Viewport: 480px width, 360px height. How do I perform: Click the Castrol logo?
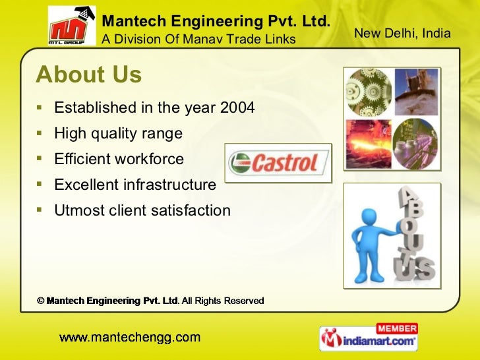[277, 163]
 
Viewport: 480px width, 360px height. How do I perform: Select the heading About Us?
[89, 75]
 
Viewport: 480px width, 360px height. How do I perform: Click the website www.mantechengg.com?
[130, 338]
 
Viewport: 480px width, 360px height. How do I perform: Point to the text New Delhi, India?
[402, 33]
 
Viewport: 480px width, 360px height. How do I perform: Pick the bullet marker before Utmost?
[40, 211]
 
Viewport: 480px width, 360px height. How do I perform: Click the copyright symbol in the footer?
[40, 301]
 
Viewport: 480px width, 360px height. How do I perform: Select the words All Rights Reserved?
[223, 301]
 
